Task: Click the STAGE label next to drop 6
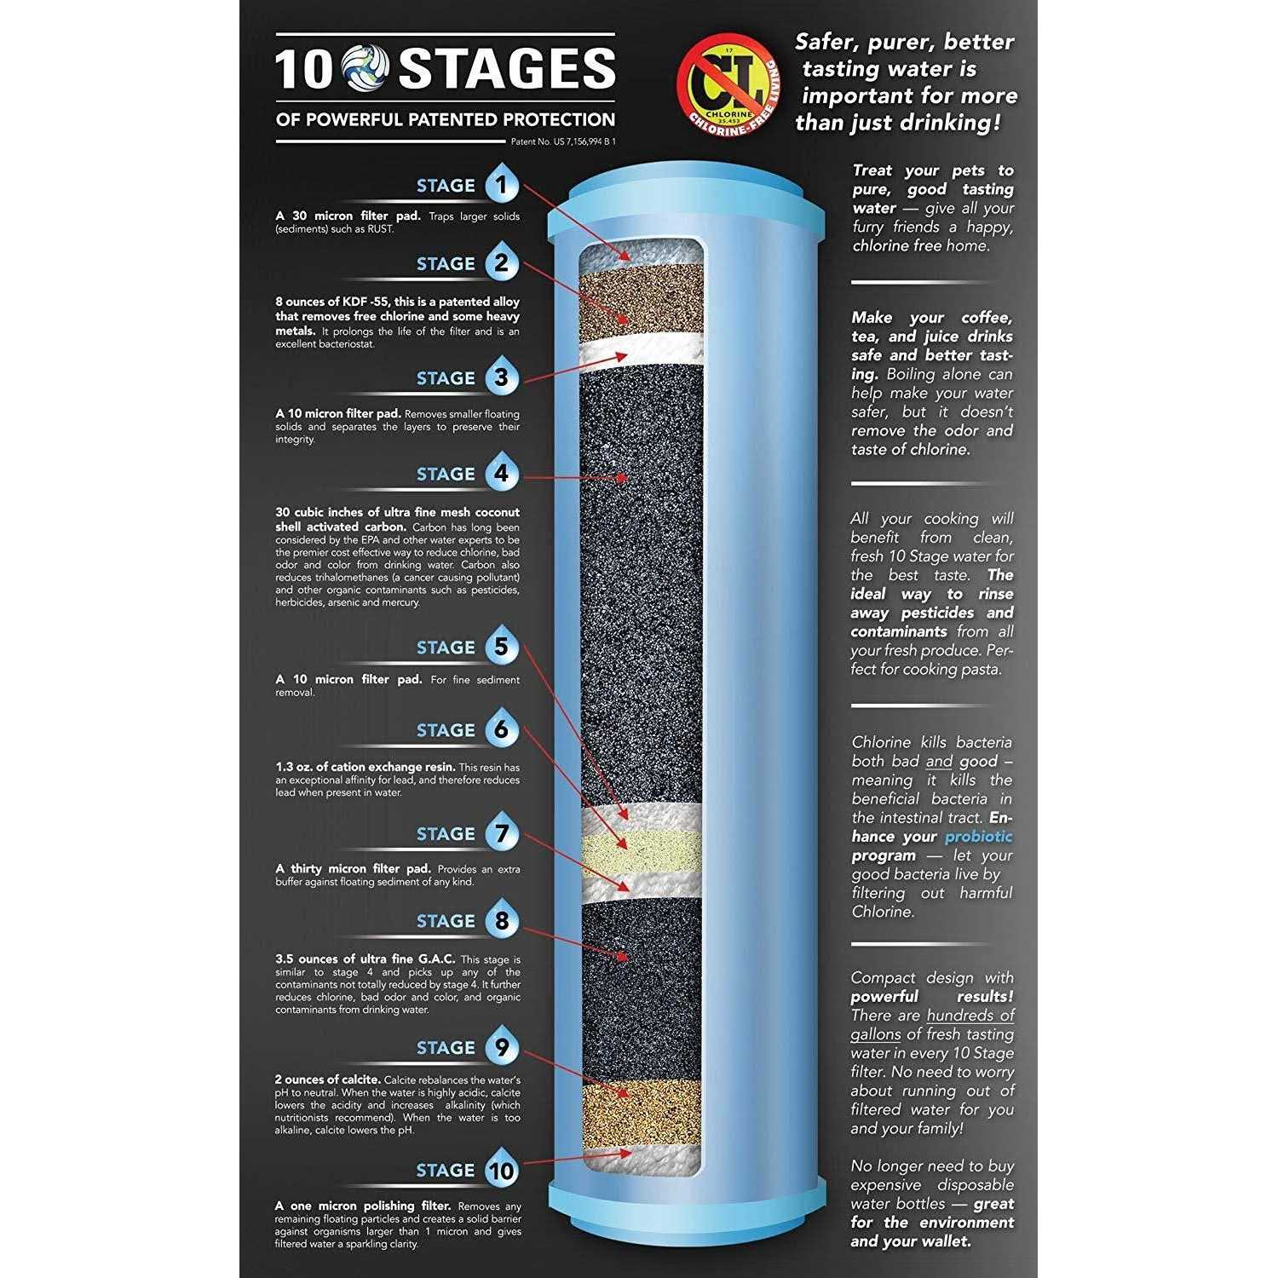click(446, 730)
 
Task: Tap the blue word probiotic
click(979, 837)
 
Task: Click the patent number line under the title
click(563, 141)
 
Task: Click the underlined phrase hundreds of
click(970, 1015)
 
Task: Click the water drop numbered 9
click(502, 1046)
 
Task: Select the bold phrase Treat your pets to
click(933, 170)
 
